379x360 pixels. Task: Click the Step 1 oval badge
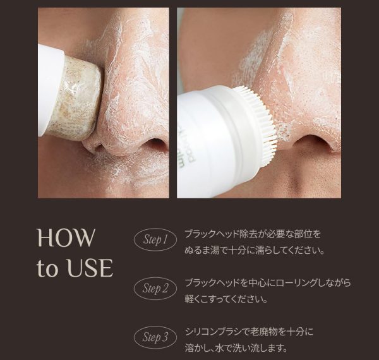coord(155,239)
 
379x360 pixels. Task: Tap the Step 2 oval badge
coord(155,288)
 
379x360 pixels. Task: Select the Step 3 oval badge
coord(155,337)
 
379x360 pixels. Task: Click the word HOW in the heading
coord(66,237)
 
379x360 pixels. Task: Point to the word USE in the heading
coord(90,268)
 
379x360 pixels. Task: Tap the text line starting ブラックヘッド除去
coord(253,234)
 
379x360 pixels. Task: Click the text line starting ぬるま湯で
coord(255,251)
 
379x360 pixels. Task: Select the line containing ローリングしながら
coord(268,283)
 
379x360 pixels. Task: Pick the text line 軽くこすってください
coord(226,299)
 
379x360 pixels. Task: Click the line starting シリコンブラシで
coord(249,332)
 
